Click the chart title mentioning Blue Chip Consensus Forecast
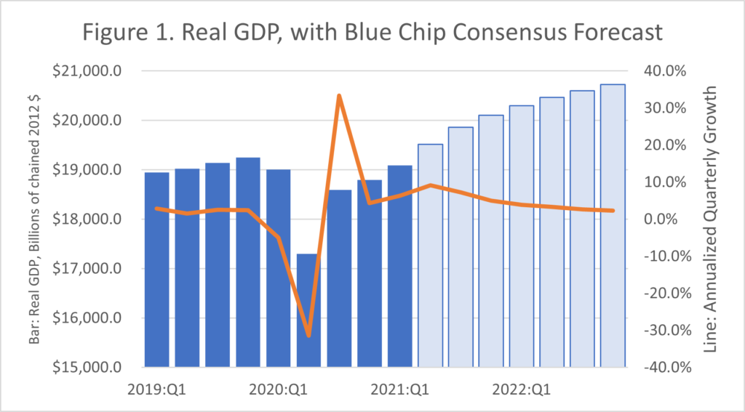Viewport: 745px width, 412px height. click(372, 33)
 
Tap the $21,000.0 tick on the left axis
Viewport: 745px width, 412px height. click(92, 71)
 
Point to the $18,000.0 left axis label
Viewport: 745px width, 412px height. click(92, 219)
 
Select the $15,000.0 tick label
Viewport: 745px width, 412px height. click(92, 368)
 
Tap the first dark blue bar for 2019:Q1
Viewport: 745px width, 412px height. click(157, 269)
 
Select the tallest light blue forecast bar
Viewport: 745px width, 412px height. click(613, 225)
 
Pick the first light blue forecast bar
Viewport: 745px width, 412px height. click(431, 254)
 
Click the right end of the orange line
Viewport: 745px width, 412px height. click(613, 211)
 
